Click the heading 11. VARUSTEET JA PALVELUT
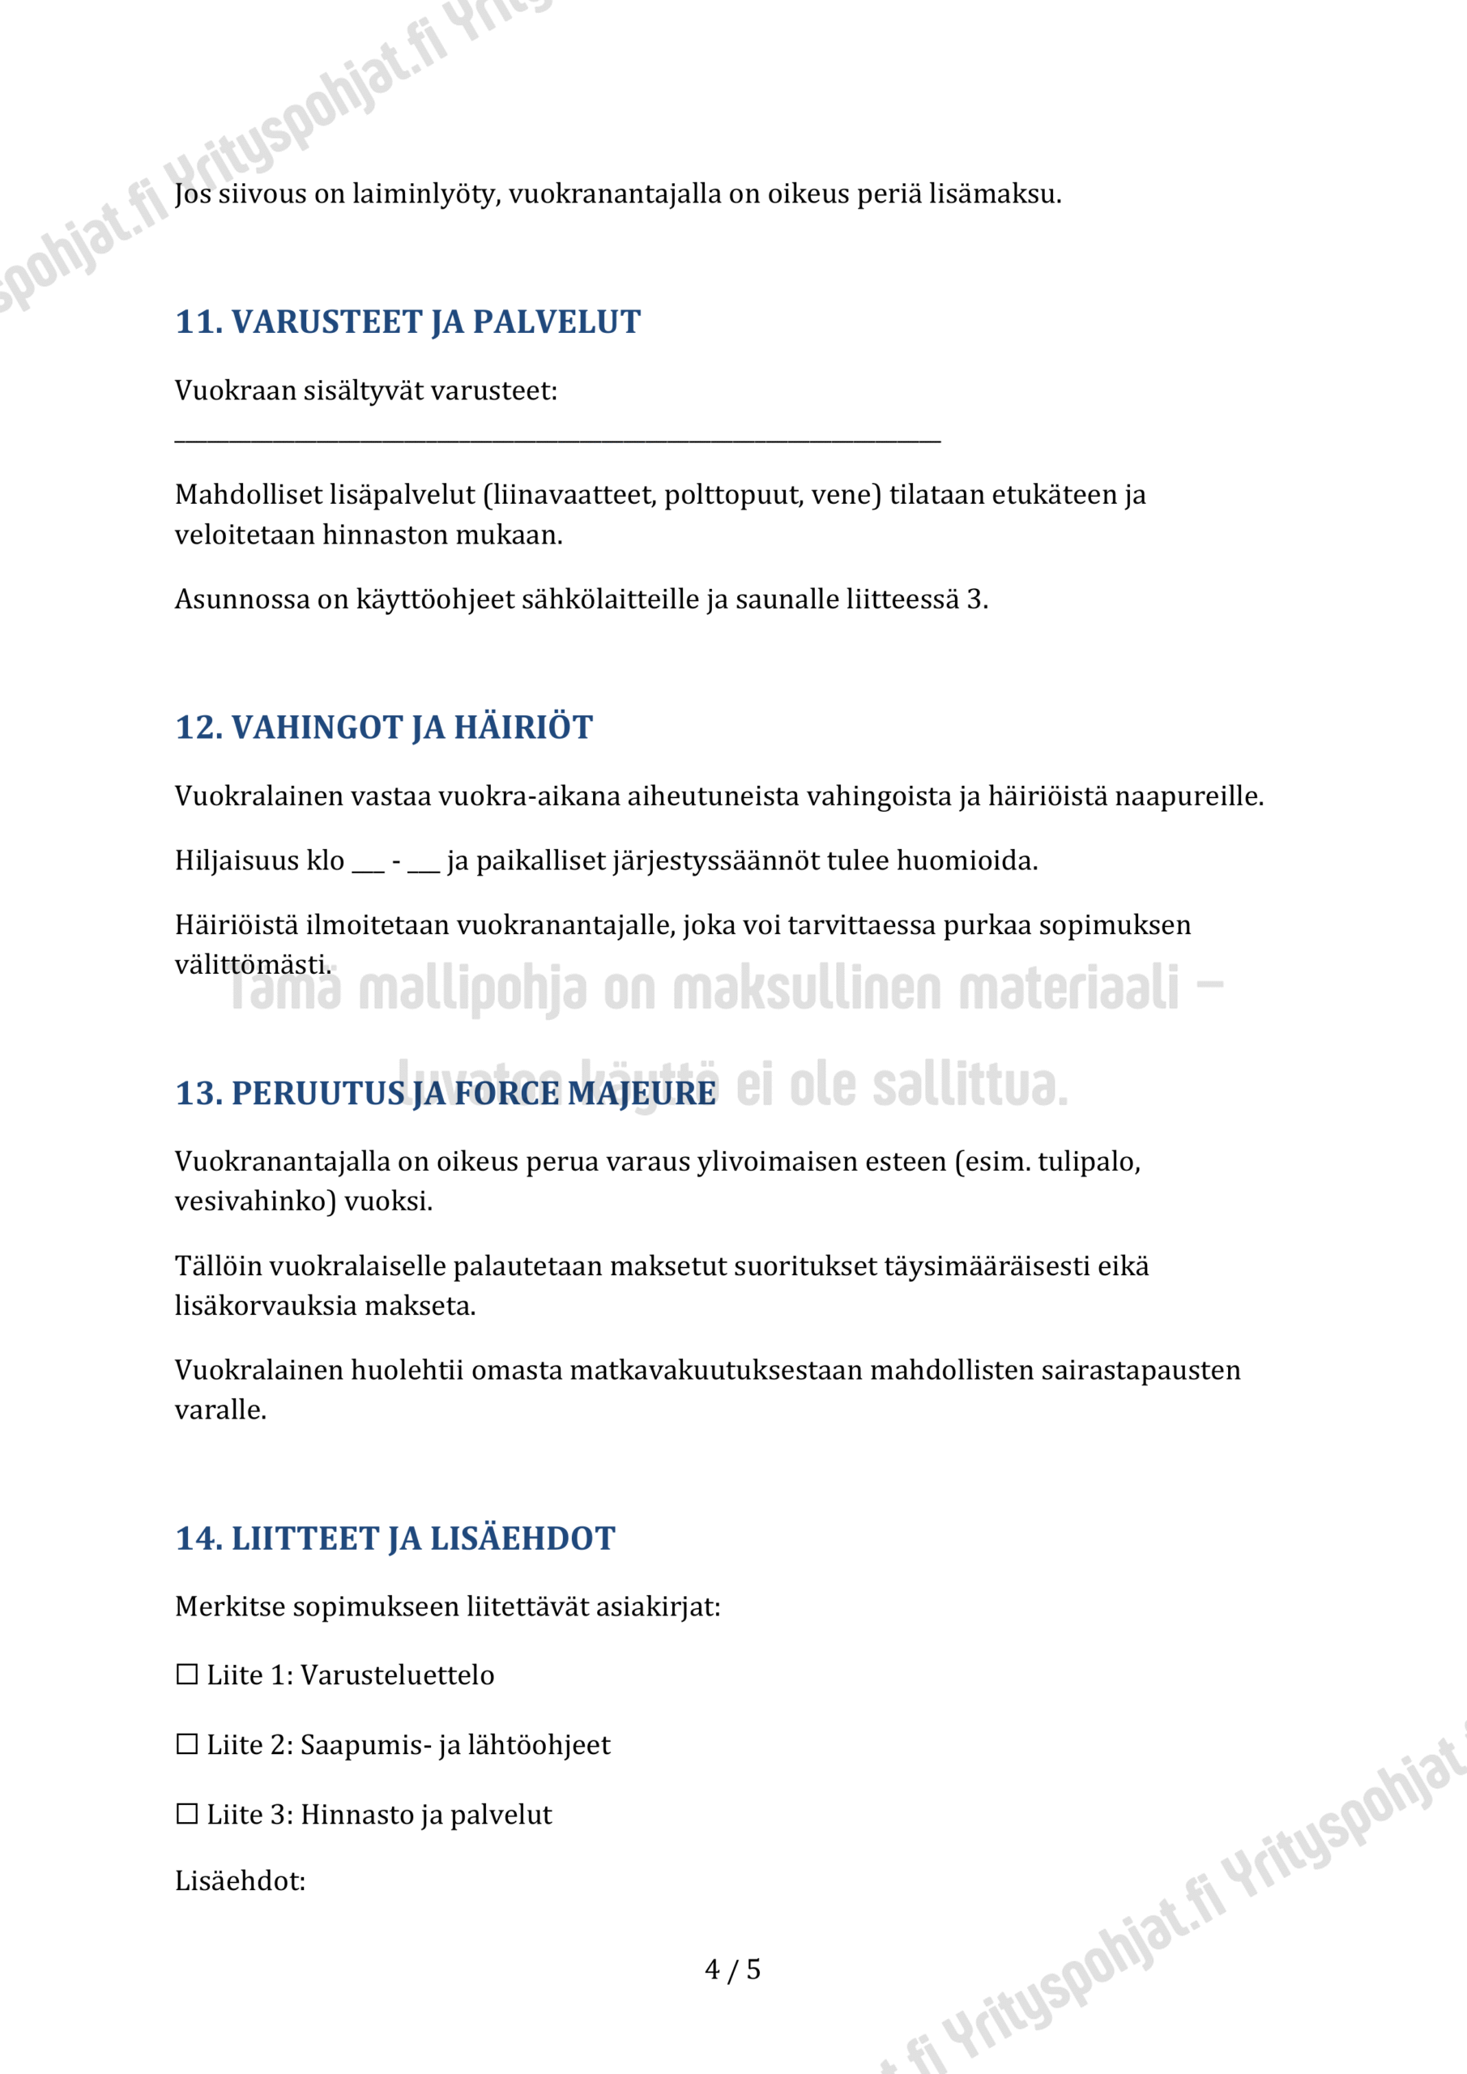(407, 322)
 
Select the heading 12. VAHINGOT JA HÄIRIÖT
(384, 728)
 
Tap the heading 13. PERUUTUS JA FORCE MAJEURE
(446, 1093)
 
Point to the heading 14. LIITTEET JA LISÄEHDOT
(394, 1538)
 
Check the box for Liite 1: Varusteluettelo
(187, 1675)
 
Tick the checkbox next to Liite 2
(187, 1744)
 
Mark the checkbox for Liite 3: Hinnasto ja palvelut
(187, 1814)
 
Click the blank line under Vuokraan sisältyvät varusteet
(557, 439)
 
